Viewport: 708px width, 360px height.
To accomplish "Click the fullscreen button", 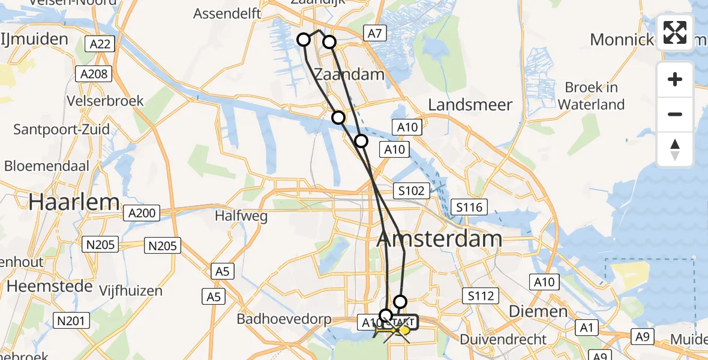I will pyautogui.click(x=675, y=32).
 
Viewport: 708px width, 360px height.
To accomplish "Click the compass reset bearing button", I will pyautogui.click(x=675, y=149).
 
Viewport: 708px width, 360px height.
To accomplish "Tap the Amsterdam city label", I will pyautogui.click(x=439, y=239).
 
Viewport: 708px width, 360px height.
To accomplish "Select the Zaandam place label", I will pyautogui.click(x=349, y=75).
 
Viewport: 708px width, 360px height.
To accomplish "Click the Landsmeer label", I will pyautogui.click(x=470, y=105).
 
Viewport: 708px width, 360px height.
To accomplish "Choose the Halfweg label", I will pyautogui.click(x=242, y=216).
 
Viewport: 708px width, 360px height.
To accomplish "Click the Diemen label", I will pyautogui.click(x=530, y=311).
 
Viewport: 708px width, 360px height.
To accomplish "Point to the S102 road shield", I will pyautogui.click(x=412, y=191).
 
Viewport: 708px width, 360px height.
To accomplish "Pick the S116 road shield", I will pyautogui.click(x=469, y=208).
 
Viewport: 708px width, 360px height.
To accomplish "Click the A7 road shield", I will pyautogui.click(x=374, y=34).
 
